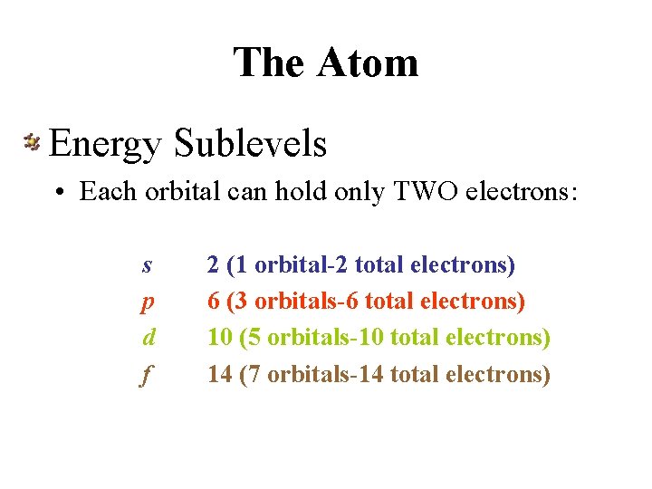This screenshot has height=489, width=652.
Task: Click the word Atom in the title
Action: pos(368,62)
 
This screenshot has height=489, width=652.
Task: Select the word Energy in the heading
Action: pos(106,143)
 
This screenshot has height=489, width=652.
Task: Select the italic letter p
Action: pos(147,302)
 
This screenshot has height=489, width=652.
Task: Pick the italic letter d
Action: pos(149,337)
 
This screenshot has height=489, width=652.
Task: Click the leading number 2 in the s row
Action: pos(213,264)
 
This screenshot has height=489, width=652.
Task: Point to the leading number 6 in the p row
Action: pos(213,301)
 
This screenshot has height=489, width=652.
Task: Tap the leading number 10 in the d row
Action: pos(219,337)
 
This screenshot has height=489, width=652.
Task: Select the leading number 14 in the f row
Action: pos(219,373)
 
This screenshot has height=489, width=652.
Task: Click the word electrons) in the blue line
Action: pos(463,264)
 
